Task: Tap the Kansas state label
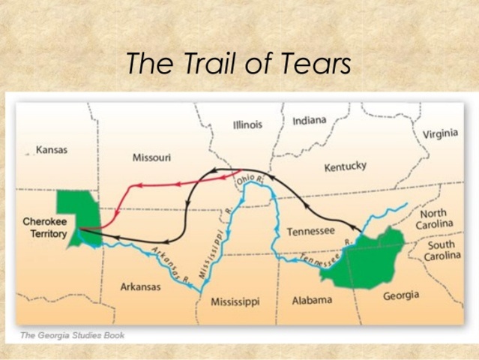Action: pyautogui.click(x=51, y=150)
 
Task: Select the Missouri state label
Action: pyautogui.click(x=151, y=157)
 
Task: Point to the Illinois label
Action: pyautogui.click(x=247, y=124)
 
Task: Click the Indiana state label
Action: pyautogui.click(x=310, y=121)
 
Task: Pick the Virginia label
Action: pyautogui.click(x=441, y=135)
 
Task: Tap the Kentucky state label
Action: pyautogui.click(x=345, y=166)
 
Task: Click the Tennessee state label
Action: pyautogui.click(x=310, y=231)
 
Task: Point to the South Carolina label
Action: pyautogui.click(x=442, y=250)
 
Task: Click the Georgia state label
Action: pyautogui.click(x=401, y=295)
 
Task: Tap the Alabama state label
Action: pyautogui.click(x=312, y=300)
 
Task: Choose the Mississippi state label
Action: pyautogui.click(x=235, y=301)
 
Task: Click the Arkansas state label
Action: pyautogui.click(x=140, y=287)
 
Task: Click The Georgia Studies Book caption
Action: pyautogui.click(x=73, y=335)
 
